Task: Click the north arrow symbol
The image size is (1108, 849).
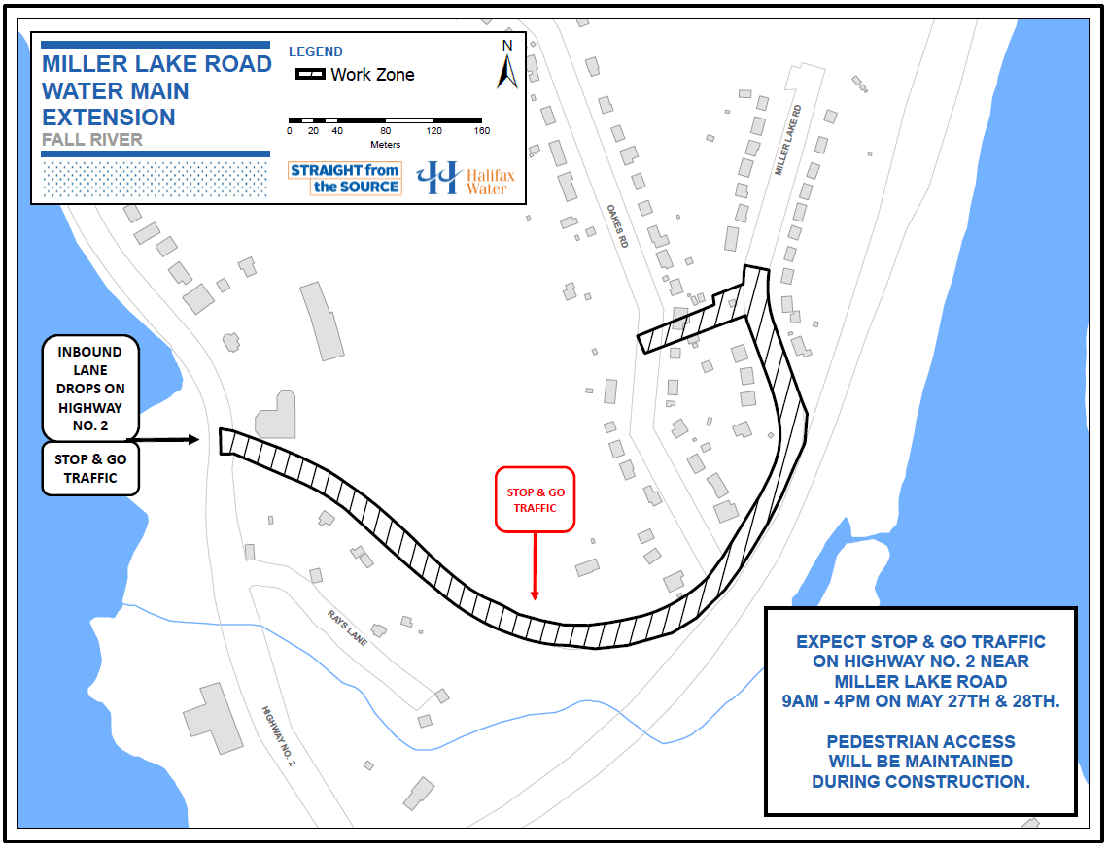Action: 507,65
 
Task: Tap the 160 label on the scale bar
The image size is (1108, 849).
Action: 482,131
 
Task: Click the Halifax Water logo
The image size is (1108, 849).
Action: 465,178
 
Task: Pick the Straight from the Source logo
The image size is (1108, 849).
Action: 345,179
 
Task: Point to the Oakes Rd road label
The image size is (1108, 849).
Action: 617,225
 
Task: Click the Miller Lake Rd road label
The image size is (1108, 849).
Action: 787,140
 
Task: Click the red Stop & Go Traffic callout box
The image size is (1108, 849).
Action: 536,500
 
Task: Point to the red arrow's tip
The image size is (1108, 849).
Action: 535,598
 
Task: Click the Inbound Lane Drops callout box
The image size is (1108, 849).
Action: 89,388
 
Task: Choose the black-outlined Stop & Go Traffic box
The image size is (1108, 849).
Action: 90,468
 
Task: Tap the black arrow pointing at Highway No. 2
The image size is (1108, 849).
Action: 175,440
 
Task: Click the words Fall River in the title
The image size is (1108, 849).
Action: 92,140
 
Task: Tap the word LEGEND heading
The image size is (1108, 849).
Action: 316,51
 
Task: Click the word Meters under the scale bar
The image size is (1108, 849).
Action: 386,145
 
